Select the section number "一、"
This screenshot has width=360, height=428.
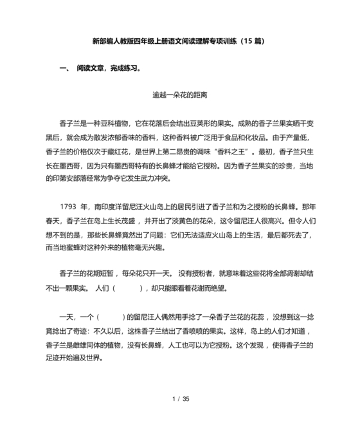(64, 67)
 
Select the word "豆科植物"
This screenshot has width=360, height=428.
(113, 123)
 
